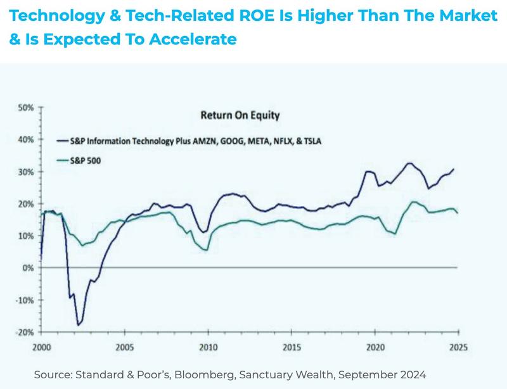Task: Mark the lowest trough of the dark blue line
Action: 78,325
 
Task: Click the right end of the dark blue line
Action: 454,169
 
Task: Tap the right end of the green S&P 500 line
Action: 457,213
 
